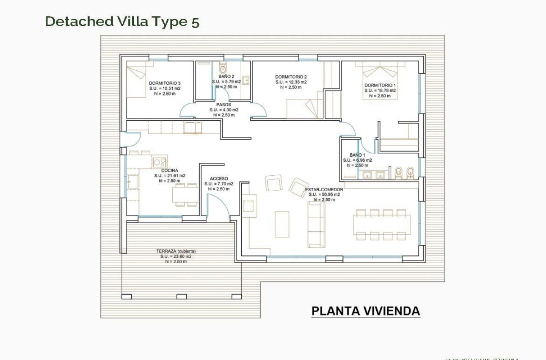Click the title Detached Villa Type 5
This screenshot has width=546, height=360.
[x=122, y=22]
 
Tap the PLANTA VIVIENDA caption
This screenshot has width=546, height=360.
[x=366, y=311]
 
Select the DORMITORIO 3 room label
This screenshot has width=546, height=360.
[x=165, y=83]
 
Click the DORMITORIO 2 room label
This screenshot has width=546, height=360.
[x=291, y=77]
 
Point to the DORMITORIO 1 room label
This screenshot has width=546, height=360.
[x=380, y=85]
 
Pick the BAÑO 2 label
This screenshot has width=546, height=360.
[x=226, y=76]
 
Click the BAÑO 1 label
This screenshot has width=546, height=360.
[x=357, y=155]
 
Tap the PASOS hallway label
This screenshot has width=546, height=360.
[x=223, y=105]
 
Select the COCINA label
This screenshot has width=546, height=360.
[x=169, y=170]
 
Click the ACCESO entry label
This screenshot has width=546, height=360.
[x=219, y=179]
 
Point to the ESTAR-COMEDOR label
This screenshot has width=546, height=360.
[x=324, y=189]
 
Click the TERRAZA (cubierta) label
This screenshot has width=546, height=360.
[x=176, y=251]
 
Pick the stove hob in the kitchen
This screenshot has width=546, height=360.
[x=160, y=162]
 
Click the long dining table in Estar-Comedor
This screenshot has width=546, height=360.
[x=381, y=224]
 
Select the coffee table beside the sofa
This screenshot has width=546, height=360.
[x=282, y=224]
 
